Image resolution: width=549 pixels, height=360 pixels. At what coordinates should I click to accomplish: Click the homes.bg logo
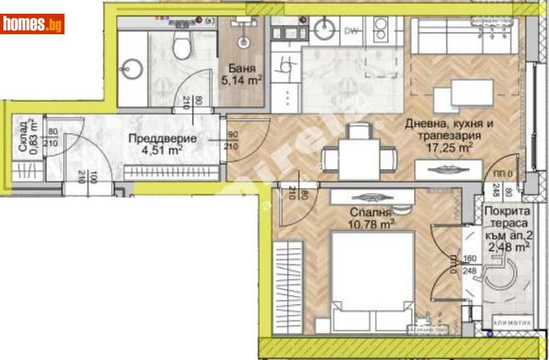[32, 24]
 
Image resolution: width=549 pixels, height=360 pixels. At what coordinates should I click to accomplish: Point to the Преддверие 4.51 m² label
[163, 144]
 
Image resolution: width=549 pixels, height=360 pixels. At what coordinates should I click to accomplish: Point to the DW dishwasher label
[352, 31]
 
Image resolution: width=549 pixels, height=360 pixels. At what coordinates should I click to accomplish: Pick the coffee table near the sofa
[472, 93]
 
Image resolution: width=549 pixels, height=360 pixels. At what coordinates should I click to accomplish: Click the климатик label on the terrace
[506, 322]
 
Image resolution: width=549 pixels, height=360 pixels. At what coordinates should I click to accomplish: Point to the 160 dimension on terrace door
[469, 260]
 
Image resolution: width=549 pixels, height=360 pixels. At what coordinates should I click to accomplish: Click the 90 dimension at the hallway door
[232, 135]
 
